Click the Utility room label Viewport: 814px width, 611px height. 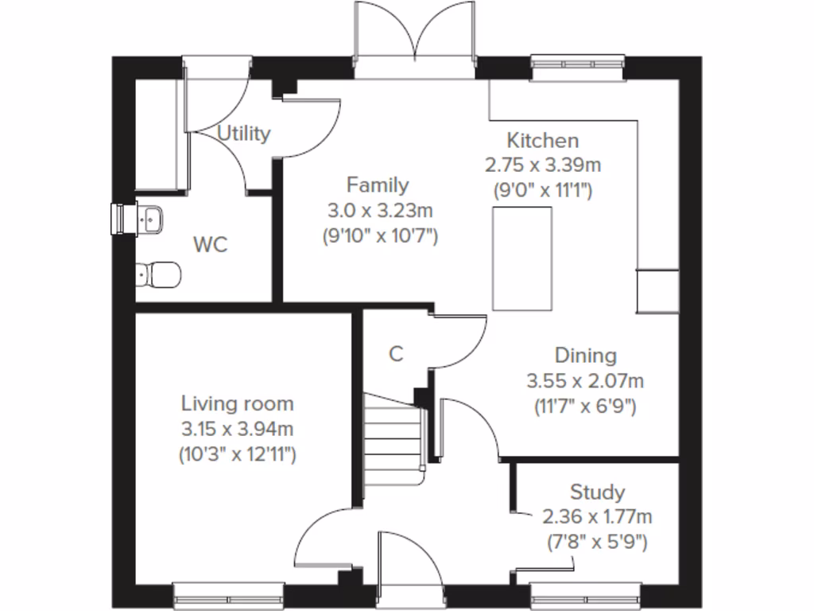coord(244,134)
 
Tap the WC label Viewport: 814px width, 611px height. coord(211,244)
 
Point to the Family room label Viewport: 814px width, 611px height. coord(378,185)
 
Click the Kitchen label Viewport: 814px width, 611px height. coord(543,141)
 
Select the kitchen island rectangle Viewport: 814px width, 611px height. coord(522,258)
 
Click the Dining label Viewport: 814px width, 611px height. coord(585,355)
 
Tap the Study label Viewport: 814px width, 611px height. coord(597,491)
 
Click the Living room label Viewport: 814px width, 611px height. coord(237,403)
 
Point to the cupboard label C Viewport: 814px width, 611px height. coord(395,354)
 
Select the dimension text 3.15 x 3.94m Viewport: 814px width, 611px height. coord(237,430)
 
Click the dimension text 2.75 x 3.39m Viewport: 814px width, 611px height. coord(543,165)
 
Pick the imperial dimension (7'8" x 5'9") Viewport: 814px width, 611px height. coord(597,543)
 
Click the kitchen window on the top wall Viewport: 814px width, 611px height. coord(576,68)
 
